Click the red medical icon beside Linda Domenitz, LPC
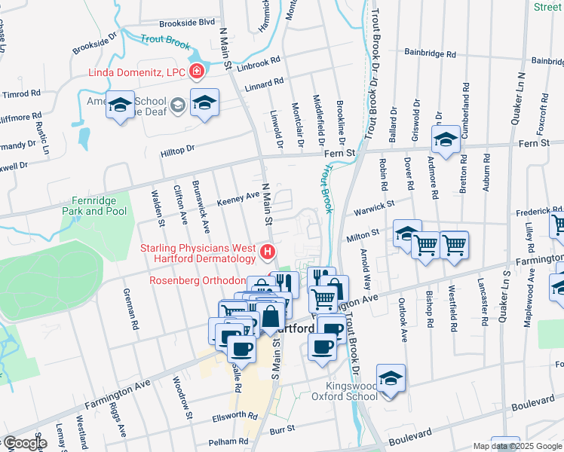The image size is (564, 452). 198,72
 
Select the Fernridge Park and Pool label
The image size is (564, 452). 93,206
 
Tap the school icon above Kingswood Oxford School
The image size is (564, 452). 391,379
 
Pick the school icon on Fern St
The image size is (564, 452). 446,140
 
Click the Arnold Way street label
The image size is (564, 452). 366,267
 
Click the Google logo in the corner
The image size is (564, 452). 25,443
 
